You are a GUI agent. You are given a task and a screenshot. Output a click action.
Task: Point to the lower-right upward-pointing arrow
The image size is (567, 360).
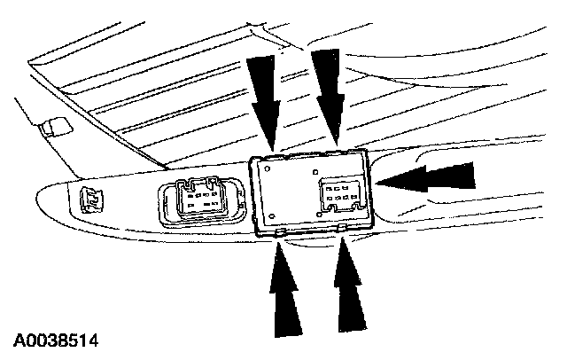pyautogui.click(x=348, y=288)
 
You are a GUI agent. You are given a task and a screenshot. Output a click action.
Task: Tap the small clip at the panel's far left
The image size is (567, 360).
pyautogui.click(x=89, y=200)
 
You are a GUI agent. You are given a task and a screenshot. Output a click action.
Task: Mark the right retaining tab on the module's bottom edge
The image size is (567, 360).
pyautogui.click(x=342, y=229)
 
